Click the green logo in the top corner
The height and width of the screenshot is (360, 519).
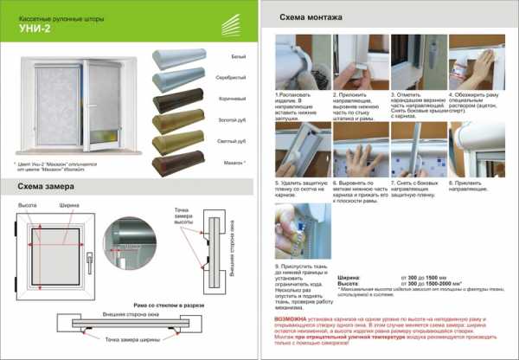point(232,22)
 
